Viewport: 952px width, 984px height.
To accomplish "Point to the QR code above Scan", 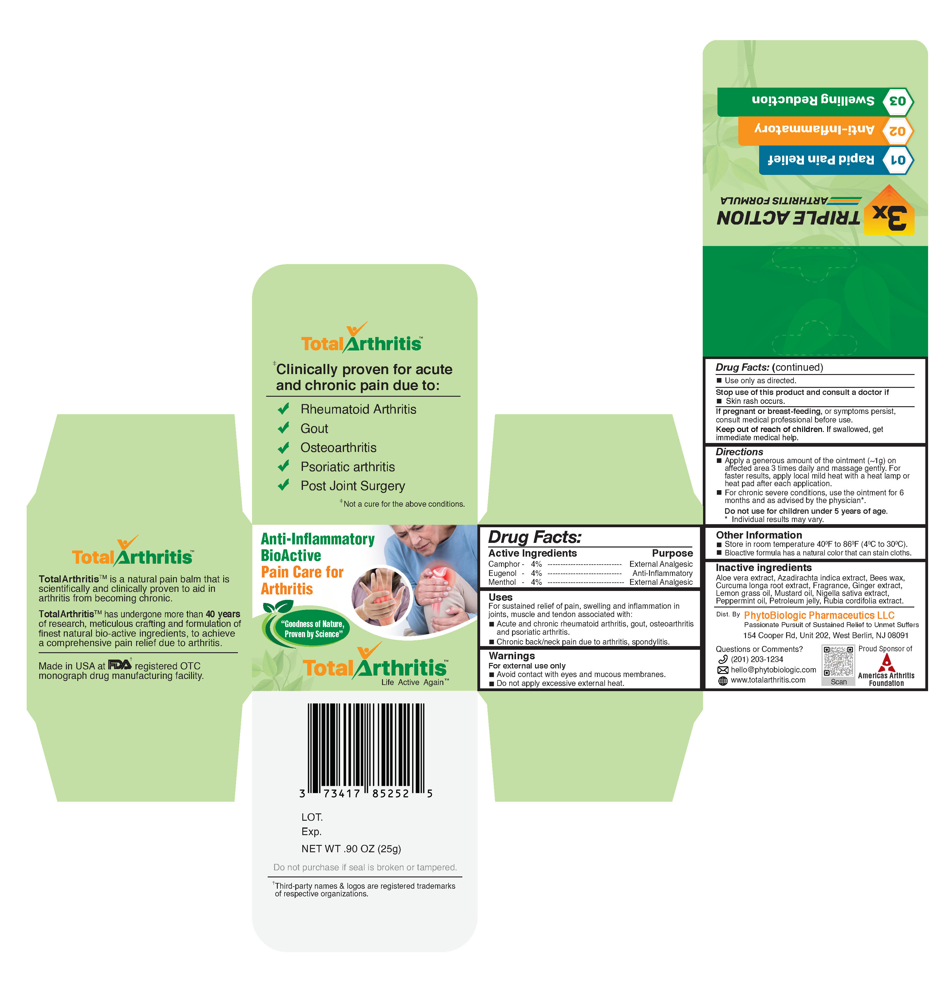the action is click(838, 661).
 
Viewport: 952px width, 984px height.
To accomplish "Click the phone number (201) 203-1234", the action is click(757, 659).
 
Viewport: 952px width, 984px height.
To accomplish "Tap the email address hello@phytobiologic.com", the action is click(773, 670).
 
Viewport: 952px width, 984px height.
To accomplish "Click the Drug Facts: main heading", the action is click(534, 537).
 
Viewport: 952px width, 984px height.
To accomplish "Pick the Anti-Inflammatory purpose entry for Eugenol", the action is click(662, 573).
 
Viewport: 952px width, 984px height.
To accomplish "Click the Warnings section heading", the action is click(511, 656).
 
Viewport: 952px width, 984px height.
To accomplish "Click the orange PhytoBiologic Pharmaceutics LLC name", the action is click(819, 615).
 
